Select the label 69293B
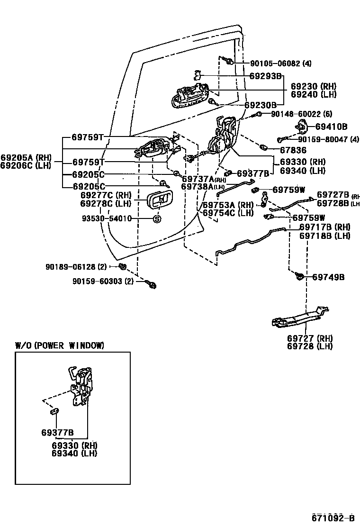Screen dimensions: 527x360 pyautogui.click(x=265, y=76)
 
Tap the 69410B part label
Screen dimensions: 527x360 pyautogui.click(x=331, y=127)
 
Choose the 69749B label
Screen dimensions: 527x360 pyautogui.click(x=328, y=277)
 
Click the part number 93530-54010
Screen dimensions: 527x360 pyautogui.click(x=106, y=219)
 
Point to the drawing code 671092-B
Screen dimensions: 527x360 pyautogui.click(x=333, y=517)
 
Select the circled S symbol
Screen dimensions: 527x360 pyautogui.click(x=157, y=219)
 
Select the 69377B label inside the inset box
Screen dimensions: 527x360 pyautogui.click(x=57, y=432)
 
